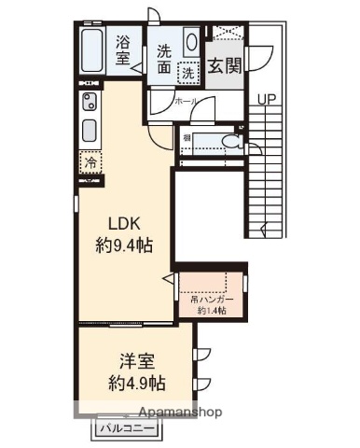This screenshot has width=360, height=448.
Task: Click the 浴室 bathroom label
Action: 123,49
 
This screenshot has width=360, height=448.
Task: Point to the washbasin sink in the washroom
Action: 190,44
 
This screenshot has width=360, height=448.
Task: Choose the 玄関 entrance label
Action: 222,65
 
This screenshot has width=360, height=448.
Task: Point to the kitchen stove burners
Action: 90,102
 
